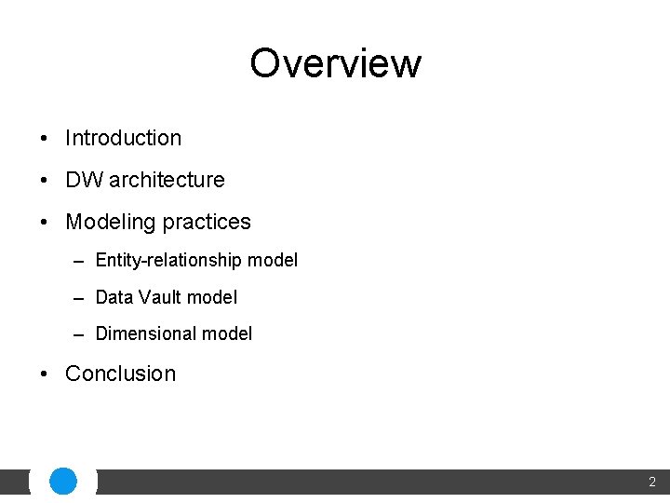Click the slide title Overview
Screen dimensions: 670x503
(x=335, y=63)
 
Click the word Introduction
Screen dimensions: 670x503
(x=123, y=138)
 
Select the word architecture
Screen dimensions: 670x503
(x=167, y=180)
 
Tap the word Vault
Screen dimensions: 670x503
(x=161, y=297)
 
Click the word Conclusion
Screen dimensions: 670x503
(x=120, y=374)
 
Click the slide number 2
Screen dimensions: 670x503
(x=651, y=483)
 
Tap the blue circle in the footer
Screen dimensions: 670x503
(x=63, y=482)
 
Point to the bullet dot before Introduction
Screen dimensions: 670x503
(x=45, y=139)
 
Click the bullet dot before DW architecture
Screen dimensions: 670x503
(x=45, y=181)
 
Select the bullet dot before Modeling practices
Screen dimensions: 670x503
(x=45, y=223)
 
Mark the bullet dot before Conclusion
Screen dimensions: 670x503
(x=45, y=374)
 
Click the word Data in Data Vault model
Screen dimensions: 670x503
(x=114, y=297)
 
